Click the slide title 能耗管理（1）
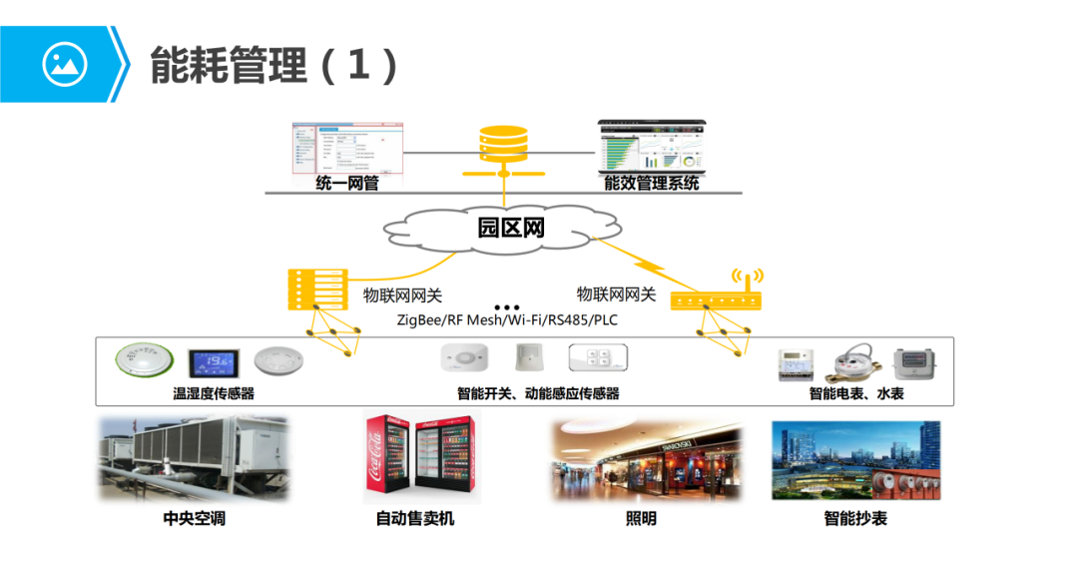274,65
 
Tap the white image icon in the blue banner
65,65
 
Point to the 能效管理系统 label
652,183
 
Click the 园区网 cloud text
509,228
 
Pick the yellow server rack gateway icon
314,288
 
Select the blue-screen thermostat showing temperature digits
213,361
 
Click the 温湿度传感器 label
214,393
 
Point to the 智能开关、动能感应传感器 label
538,393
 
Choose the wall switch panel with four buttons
598,358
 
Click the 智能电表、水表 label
856,393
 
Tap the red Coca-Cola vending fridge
387,461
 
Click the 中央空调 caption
194,519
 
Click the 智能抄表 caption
855,519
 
